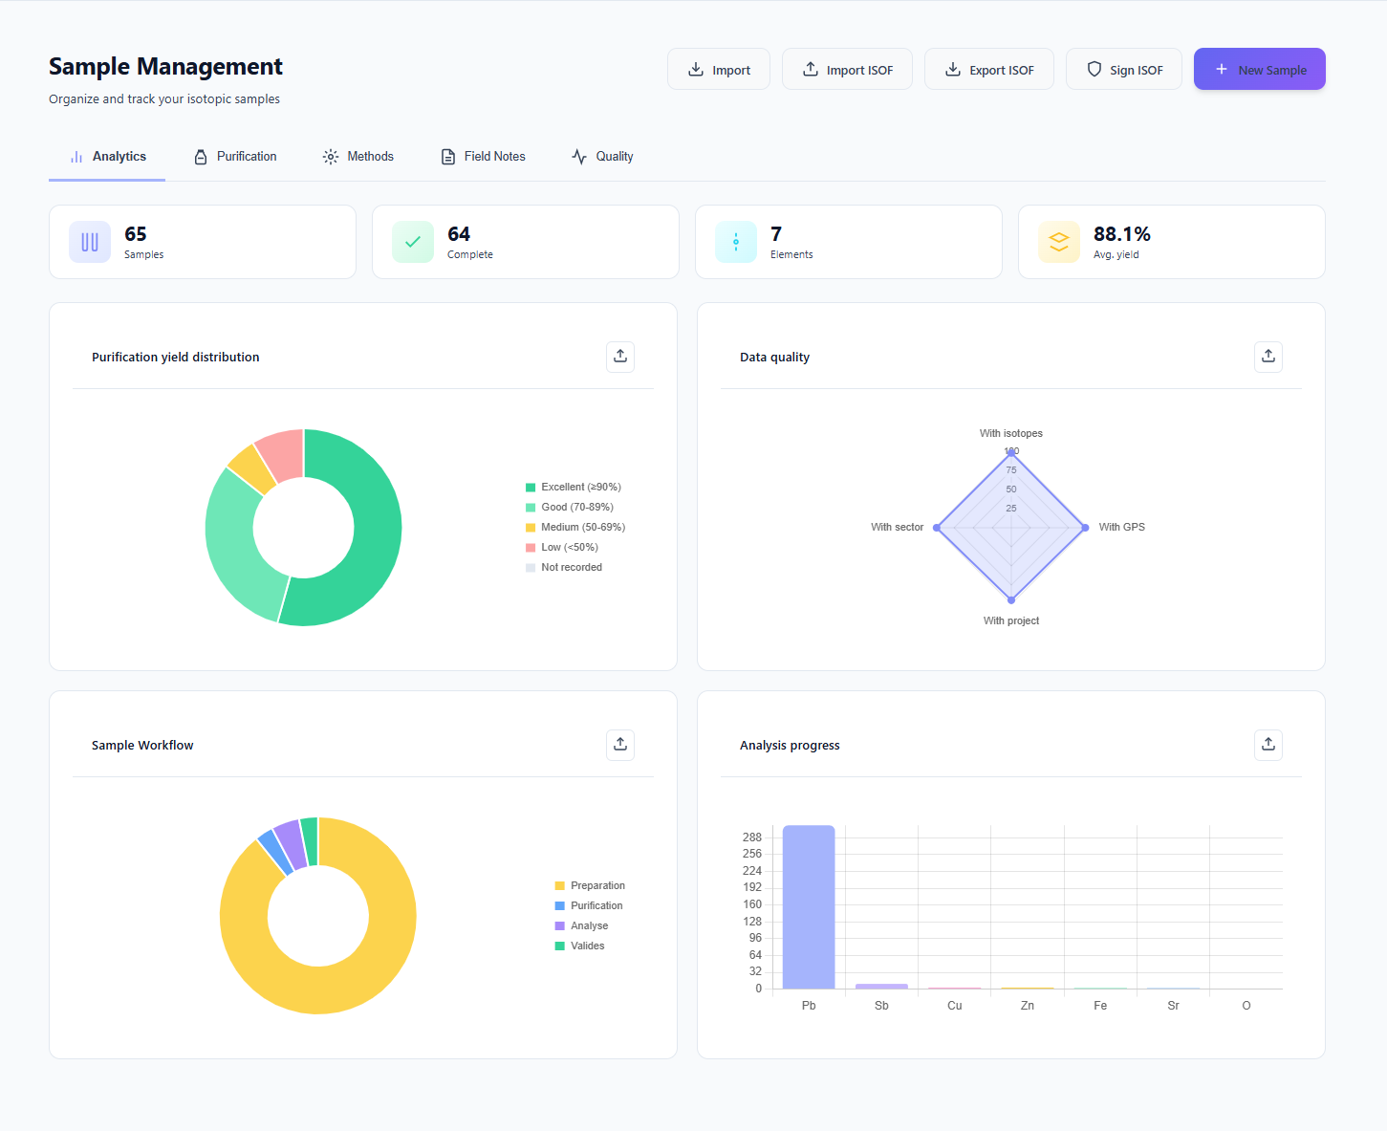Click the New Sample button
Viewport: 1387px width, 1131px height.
[x=1259, y=70]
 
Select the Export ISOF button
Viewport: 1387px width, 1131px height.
[x=988, y=70]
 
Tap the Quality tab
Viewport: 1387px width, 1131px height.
[x=602, y=157]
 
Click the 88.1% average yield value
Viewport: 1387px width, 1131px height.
[x=1121, y=234]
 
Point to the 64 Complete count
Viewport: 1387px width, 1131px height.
[x=459, y=234]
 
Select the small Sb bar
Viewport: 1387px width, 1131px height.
[x=881, y=986]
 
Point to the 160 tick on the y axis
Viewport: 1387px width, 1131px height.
[x=752, y=904]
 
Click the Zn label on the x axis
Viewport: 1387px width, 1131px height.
[x=1027, y=1006]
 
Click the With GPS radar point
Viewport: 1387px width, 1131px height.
[x=1085, y=528]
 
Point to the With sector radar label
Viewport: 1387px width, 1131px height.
[x=897, y=528]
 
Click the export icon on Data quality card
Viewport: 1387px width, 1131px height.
[x=1268, y=357]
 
